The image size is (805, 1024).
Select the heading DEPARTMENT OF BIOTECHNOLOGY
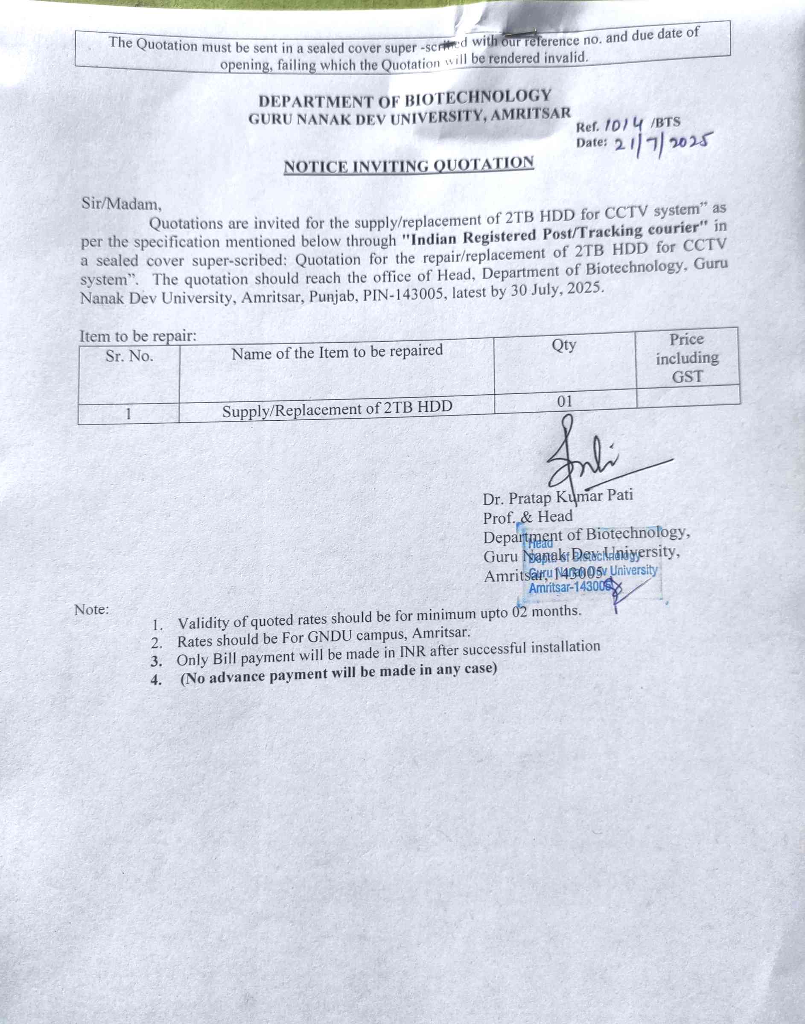tap(404, 99)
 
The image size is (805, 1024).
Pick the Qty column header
tap(564, 345)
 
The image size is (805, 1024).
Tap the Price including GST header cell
tap(687, 358)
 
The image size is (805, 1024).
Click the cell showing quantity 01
tap(564, 401)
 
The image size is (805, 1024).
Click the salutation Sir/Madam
tap(122, 204)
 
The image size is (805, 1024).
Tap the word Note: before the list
tap(91, 610)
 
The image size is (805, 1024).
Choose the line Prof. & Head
tap(528, 517)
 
